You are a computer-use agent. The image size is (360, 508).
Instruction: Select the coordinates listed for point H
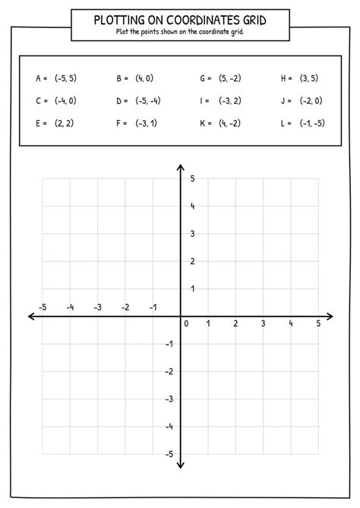[310, 78]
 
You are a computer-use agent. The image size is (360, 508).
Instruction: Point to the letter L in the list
[283, 122]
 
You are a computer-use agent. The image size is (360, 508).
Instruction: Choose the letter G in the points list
[203, 78]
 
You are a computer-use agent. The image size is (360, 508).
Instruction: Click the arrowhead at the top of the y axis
[181, 168]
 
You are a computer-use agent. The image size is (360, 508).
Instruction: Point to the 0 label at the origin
[186, 323]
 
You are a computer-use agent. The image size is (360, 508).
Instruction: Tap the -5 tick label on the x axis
[43, 307]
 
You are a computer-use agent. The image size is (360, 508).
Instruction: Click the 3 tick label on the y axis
[192, 233]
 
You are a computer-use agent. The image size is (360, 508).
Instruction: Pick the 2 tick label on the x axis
[235, 323]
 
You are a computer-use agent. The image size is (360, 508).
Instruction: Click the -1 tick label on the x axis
[153, 307]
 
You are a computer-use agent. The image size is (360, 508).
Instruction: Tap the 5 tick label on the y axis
[192, 178]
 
